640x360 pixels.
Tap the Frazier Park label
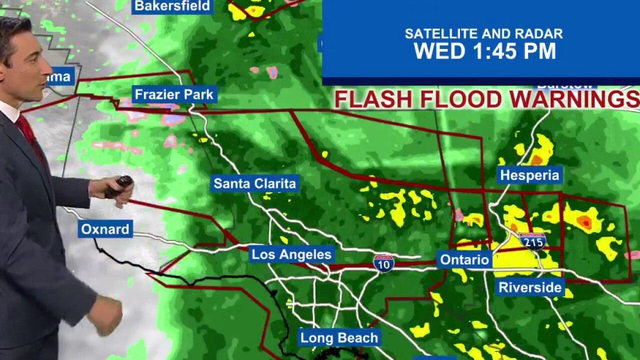point(174,94)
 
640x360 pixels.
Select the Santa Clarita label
point(255,183)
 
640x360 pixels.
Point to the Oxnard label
point(105,229)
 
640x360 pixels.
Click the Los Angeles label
point(291,254)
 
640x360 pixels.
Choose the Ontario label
point(464,259)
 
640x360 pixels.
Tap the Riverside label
point(530,287)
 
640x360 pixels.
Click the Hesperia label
point(529,175)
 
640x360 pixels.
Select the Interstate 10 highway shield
point(383,263)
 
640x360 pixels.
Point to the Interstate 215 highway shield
point(532,241)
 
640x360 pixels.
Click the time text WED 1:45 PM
point(484,51)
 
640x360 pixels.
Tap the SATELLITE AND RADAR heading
point(483,34)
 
